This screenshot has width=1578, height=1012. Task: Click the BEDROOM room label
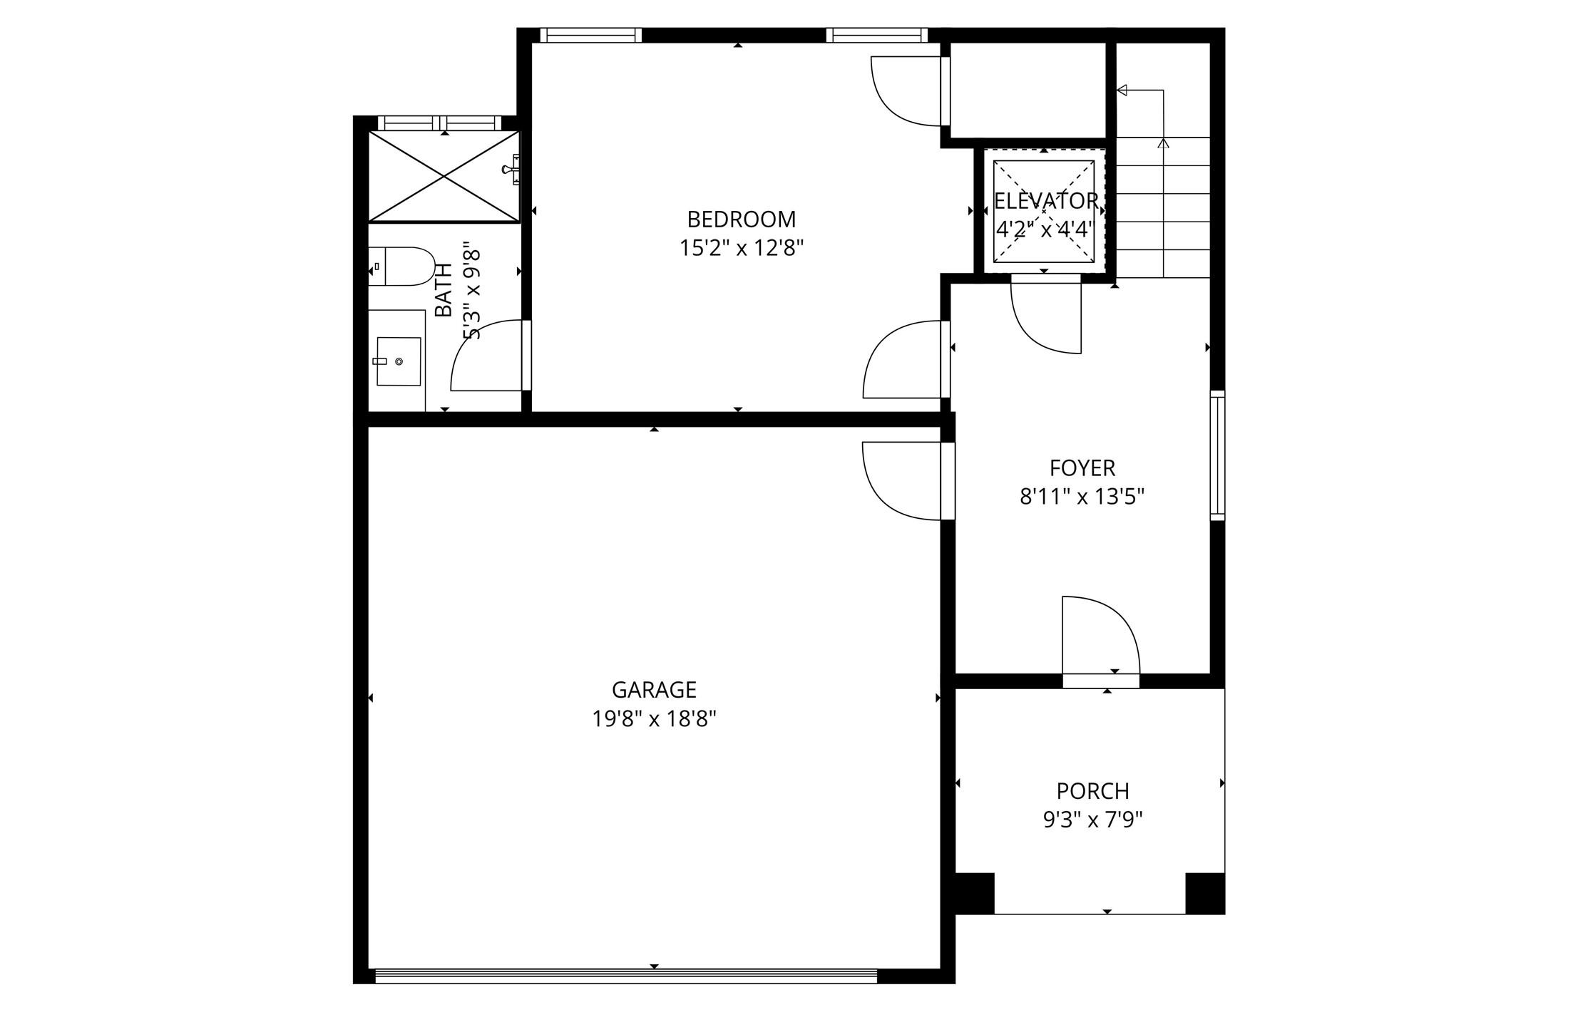pyautogui.click(x=741, y=219)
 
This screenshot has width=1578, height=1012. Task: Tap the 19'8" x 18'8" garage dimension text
pyautogui.click(x=654, y=719)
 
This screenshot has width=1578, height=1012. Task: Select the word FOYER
pyautogui.click(x=1082, y=468)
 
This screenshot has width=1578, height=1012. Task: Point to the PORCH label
pyautogui.click(x=1092, y=791)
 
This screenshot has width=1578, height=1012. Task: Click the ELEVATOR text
pyautogui.click(x=1045, y=202)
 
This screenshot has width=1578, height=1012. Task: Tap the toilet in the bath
pyautogui.click(x=401, y=267)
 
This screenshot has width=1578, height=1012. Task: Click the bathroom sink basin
pyautogui.click(x=398, y=361)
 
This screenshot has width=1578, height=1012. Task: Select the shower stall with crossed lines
pyautogui.click(x=444, y=176)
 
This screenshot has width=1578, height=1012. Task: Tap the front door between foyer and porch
pyautogui.click(x=1100, y=638)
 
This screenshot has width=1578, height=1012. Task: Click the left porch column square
pyautogui.click(x=974, y=893)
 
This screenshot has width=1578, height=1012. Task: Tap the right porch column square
pyautogui.click(x=1204, y=893)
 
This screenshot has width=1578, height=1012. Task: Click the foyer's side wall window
pyautogui.click(x=1217, y=455)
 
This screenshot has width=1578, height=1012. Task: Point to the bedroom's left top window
pyautogui.click(x=590, y=35)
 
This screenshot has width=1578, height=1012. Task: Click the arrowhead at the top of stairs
pyautogui.click(x=1122, y=90)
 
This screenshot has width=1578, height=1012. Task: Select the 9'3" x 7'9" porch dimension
pyautogui.click(x=1092, y=821)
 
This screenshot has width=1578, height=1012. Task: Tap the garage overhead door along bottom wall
pyautogui.click(x=625, y=976)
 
